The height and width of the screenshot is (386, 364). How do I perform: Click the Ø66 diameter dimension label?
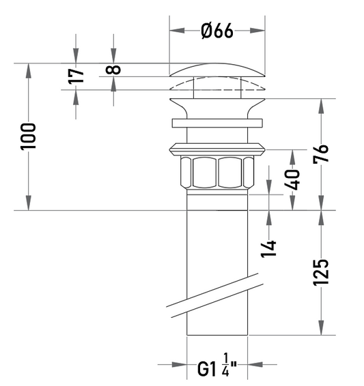[x=217, y=31]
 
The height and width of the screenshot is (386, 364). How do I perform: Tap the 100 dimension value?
[x=28, y=136]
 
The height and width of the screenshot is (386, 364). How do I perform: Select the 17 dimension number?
[x=76, y=76]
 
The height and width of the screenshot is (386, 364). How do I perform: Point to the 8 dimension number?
[x=113, y=70]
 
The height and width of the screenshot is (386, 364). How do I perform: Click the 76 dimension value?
[x=321, y=153]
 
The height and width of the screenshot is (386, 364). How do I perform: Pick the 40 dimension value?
[x=292, y=180]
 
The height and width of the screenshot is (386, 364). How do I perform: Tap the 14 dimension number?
[x=268, y=249]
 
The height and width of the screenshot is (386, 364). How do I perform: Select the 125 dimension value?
[x=321, y=273]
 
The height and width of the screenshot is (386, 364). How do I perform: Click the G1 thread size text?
[x=206, y=369]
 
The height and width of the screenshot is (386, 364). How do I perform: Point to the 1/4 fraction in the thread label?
[x=225, y=365]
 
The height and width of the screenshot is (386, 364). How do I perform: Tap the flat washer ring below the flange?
[x=217, y=123]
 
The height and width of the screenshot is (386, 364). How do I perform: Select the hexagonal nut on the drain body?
[x=217, y=172]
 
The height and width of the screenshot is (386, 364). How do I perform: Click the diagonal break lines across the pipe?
[x=214, y=295]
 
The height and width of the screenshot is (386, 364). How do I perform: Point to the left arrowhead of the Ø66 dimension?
[x=177, y=31]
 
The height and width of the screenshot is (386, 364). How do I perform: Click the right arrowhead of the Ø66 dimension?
[x=257, y=31]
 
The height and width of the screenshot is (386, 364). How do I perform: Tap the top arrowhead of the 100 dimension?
[x=29, y=71]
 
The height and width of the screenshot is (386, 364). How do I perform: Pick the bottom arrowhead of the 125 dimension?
[x=321, y=327]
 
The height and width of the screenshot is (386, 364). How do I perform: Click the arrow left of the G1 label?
[x=172, y=364]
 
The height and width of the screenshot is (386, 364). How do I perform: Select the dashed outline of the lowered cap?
[x=217, y=84]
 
